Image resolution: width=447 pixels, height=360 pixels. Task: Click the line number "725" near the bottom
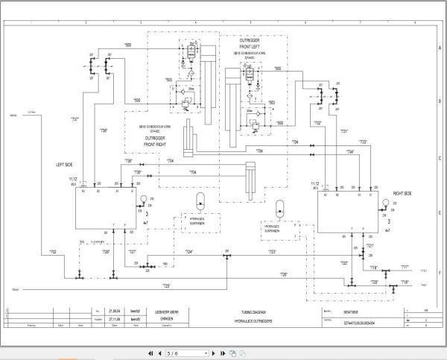[166, 286]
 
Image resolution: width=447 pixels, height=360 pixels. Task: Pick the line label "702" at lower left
[52, 253]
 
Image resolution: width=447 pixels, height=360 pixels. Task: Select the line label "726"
[284, 275]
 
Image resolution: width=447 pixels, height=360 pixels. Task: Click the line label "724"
[189, 252]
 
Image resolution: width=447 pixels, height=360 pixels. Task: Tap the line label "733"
[363, 142]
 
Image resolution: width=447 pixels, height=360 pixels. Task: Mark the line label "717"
[405, 268]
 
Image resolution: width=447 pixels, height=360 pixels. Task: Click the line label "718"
[405, 282]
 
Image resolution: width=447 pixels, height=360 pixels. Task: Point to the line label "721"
[370, 246]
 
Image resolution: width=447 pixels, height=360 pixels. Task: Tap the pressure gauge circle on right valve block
[385, 203]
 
